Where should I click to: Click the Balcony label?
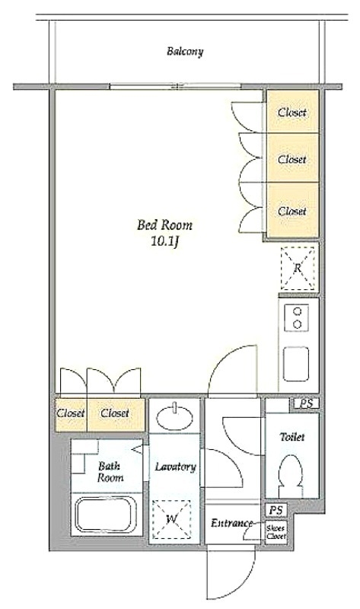click(x=185, y=52)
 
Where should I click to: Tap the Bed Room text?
click(x=164, y=225)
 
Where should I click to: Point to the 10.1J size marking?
click(x=164, y=242)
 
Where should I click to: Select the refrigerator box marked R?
click(x=298, y=268)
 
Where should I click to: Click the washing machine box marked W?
click(x=171, y=519)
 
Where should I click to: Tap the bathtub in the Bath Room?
click(x=106, y=515)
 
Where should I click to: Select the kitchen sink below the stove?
click(x=296, y=364)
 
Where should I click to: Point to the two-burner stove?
click(x=297, y=317)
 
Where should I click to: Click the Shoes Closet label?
click(x=276, y=532)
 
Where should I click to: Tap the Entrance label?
click(x=232, y=523)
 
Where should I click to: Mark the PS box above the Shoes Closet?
click(x=276, y=510)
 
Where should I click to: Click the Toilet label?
click(x=292, y=437)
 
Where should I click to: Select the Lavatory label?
click(x=175, y=467)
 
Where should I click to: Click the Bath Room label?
click(x=110, y=471)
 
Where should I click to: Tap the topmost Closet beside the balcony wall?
click(x=292, y=112)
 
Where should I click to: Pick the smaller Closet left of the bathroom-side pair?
click(x=71, y=414)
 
